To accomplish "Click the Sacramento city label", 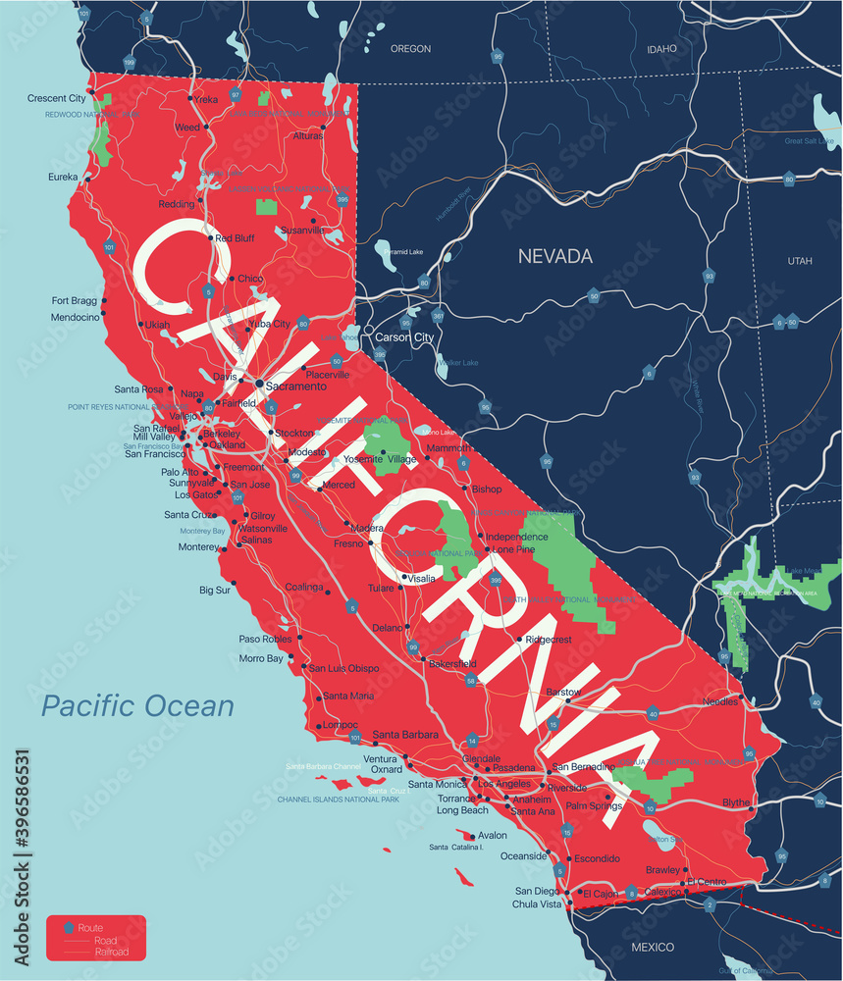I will [x=297, y=387].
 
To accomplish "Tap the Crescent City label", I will [x=56, y=98].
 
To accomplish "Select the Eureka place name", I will [x=63, y=178].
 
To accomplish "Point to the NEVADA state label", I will [x=555, y=256].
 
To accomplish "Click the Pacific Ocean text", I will [x=137, y=705].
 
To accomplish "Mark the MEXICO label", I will [x=652, y=947].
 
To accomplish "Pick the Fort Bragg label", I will [x=75, y=301].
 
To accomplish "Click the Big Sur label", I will [x=214, y=591].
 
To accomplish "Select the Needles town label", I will [x=721, y=701].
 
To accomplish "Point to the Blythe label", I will [x=736, y=802].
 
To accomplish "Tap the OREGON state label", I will [x=410, y=48].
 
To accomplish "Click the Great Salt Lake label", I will [x=809, y=141].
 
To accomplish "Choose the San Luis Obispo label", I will [x=343, y=668].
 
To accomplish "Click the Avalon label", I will [x=493, y=836].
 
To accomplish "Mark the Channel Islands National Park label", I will [x=338, y=800].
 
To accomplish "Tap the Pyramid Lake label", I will [x=402, y=252].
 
